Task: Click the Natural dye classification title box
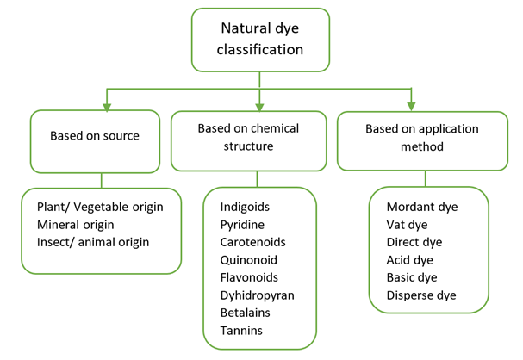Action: [259, 40]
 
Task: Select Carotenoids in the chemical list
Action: [252, 242]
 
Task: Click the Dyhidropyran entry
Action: [257, 295]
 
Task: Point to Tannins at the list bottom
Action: [242, 330]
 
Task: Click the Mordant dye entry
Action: [422, 207]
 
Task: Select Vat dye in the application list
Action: [408, 224]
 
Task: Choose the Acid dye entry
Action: [410, 259]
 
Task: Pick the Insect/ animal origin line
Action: [93, 241]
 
